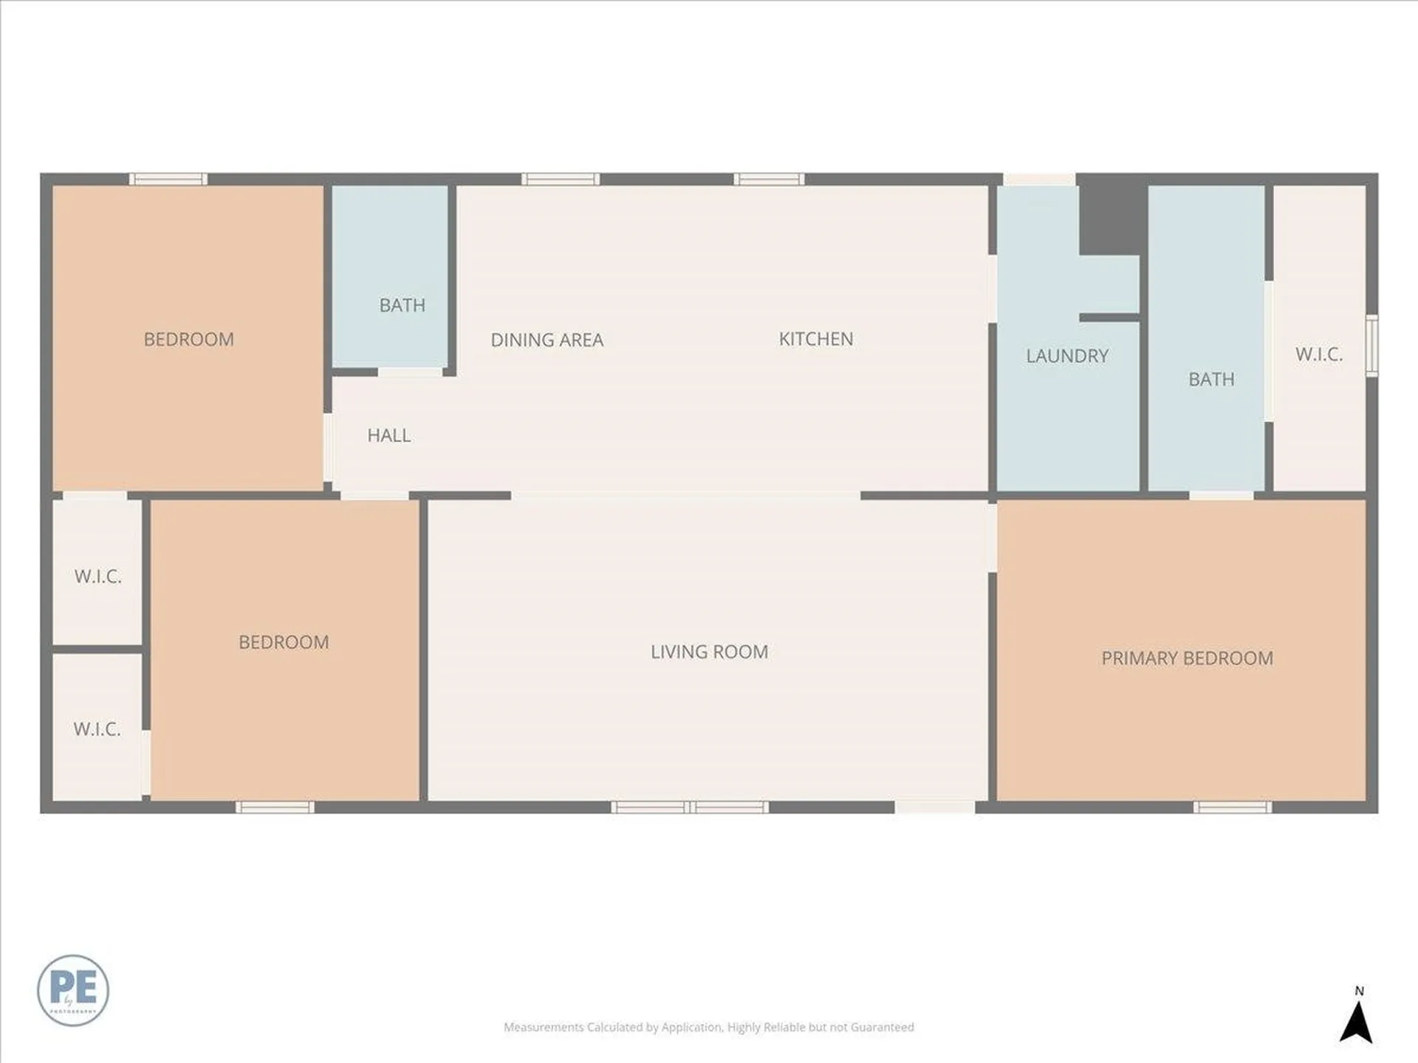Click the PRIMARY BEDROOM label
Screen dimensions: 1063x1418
1187,658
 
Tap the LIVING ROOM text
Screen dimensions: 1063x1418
709,652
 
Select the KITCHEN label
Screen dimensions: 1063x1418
815,339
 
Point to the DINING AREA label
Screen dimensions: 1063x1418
547,340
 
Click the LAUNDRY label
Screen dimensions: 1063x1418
1066,356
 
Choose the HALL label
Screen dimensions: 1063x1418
388,436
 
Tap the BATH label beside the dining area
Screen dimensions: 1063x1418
402,305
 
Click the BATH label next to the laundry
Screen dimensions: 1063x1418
1210,379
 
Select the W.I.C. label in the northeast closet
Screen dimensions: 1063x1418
1318,354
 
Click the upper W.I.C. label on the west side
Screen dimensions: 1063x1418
97,577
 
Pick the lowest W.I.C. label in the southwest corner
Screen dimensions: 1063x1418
97,729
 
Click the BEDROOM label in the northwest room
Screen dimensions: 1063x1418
188,340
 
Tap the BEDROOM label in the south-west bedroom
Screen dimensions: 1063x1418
284,642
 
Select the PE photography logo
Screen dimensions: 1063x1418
73,990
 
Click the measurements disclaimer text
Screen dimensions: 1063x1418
708,1027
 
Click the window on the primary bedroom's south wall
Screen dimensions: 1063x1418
1232,807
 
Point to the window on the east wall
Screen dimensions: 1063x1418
1371,345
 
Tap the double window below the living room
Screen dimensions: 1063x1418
690,807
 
